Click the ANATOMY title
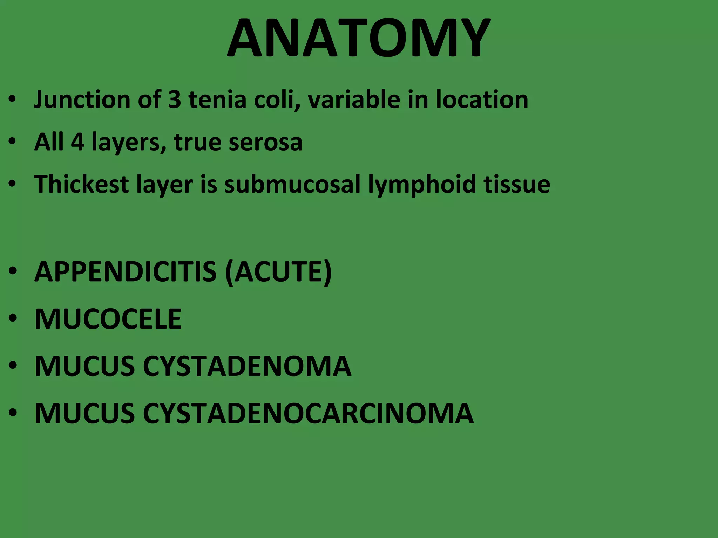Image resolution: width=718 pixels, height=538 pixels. coord(358,38)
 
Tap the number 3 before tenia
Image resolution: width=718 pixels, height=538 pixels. coord(175,99)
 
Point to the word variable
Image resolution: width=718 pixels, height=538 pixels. coord(354,99)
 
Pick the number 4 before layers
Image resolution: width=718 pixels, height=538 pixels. coord(77,142)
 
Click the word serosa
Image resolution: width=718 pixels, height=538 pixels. coord(265,142)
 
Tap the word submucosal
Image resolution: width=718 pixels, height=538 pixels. coord(292,184)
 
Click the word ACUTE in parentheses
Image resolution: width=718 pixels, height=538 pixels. coord(279,272)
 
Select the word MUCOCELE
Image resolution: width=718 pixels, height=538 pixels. coord(108,319)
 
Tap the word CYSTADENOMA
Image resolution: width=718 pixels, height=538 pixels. coord(247,366)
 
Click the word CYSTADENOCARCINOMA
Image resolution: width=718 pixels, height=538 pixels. coord(308,413)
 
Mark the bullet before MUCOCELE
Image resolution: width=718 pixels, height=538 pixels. coord(13,319)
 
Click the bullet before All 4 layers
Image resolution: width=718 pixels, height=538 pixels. coord(13,142)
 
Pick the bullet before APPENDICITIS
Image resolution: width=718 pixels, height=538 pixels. coord(13,272)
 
